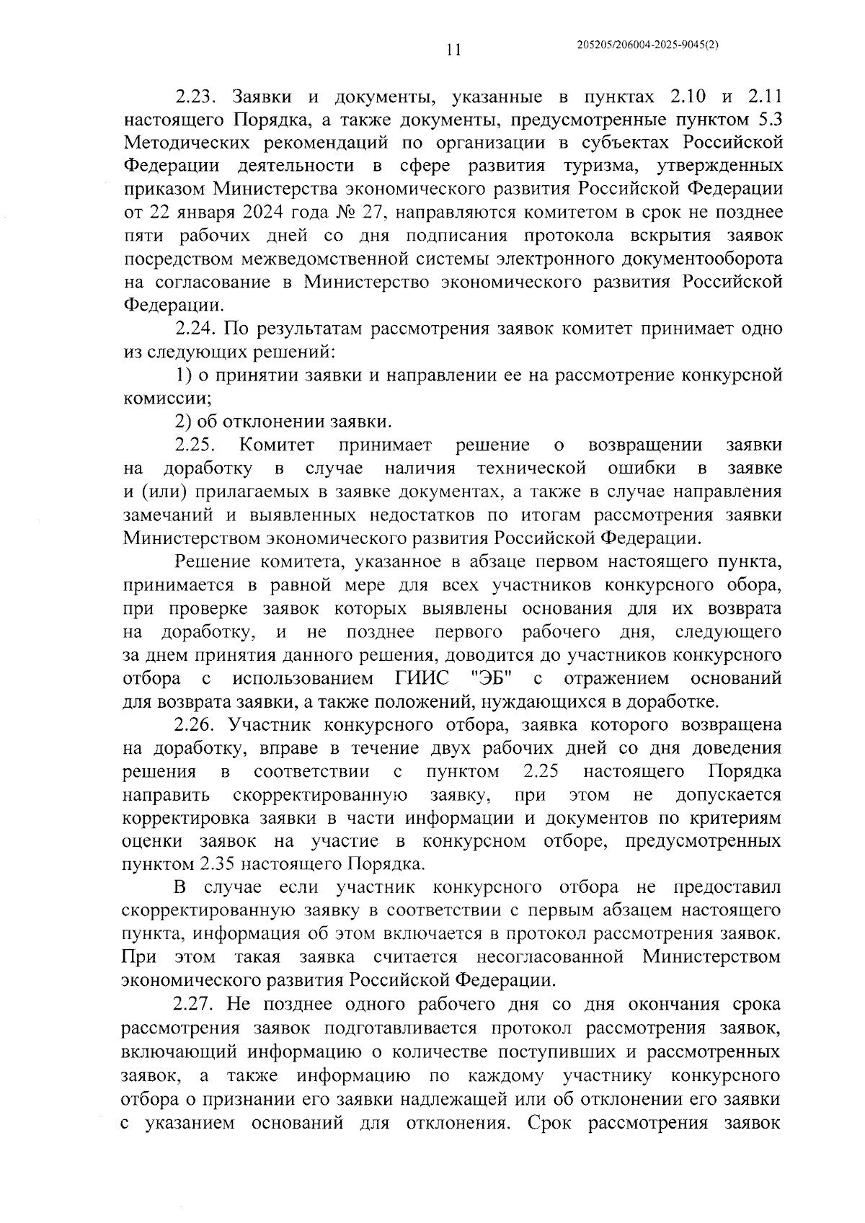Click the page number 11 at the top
point(453,50)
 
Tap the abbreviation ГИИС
point(422,679)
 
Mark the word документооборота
point(690,259)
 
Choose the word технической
point(532,469)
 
